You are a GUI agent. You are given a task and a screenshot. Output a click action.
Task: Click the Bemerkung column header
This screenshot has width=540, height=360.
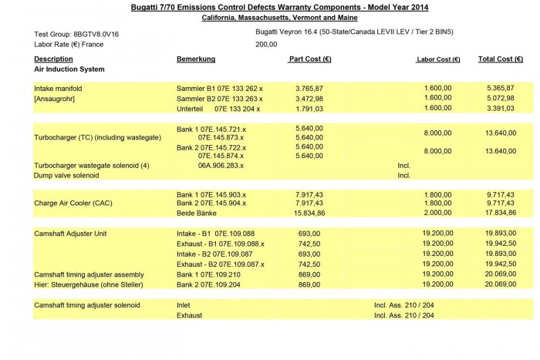(196, 59)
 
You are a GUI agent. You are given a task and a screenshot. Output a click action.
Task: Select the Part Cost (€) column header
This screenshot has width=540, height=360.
(309, 59)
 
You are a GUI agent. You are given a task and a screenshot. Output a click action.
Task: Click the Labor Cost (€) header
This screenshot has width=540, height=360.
(438, 59)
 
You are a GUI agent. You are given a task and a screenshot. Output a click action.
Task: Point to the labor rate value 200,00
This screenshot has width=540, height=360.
(266, 44)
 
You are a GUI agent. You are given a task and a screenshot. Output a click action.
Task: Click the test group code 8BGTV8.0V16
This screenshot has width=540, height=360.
(92, 35)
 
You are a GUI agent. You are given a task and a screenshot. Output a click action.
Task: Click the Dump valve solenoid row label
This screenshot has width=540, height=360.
(66, 175)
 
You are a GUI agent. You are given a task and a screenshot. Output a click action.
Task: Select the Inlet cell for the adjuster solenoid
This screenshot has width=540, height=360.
(184, 304)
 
